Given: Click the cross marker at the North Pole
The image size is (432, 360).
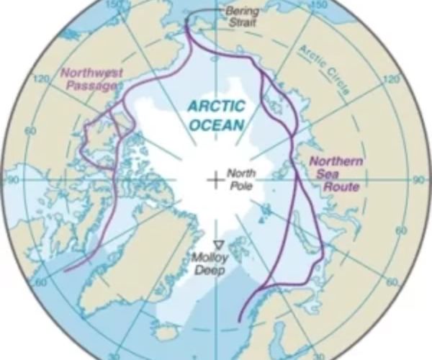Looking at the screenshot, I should tap(215, 180).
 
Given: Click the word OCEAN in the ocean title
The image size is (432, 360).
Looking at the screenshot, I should tap(217, 125).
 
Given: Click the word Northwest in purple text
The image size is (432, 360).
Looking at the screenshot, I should tap(91, 73).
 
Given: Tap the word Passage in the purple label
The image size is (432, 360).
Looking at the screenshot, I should tap(91, 86).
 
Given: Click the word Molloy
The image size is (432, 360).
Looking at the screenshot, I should tap(210, 258).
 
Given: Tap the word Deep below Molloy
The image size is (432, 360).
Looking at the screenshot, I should tap(212, 270).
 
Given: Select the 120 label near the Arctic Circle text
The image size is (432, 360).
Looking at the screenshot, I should tap(393, 78).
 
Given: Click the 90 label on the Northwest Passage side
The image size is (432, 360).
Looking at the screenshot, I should tap(12, 179).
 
